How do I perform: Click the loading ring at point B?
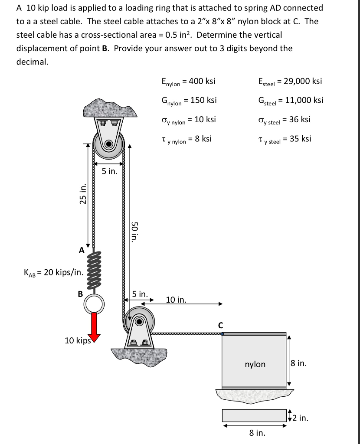click(94, 304)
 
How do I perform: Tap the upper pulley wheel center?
click(109, 144)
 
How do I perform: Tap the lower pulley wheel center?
click(138, 321)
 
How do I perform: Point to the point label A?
click(81, 250)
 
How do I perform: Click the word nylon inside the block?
click(255, 364)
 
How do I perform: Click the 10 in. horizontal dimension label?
click(177, 300)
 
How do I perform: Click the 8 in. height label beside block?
click(299, 363)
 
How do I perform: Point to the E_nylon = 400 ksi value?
click(188, 81)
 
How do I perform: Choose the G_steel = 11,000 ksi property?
click(290, 100)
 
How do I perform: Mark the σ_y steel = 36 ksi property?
click(284, 120)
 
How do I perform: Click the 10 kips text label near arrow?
click(77, 340)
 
